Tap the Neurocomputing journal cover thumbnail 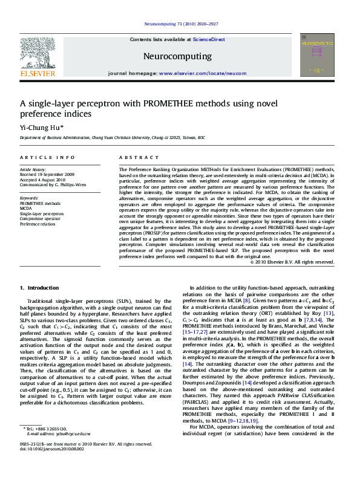click(316, 55)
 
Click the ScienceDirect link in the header click(209, 39)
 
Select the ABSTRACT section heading click(134, 157)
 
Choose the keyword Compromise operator click(39, 218)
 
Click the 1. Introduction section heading click(40, 288)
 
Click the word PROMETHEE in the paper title click(186, 103)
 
